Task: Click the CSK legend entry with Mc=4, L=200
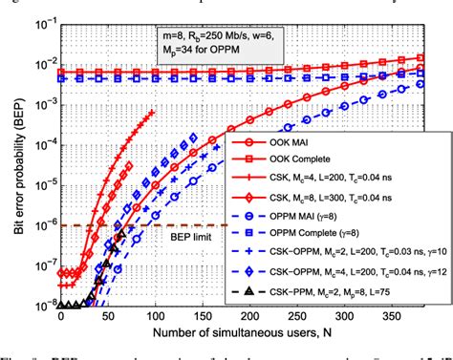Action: [x=334, y=176]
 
